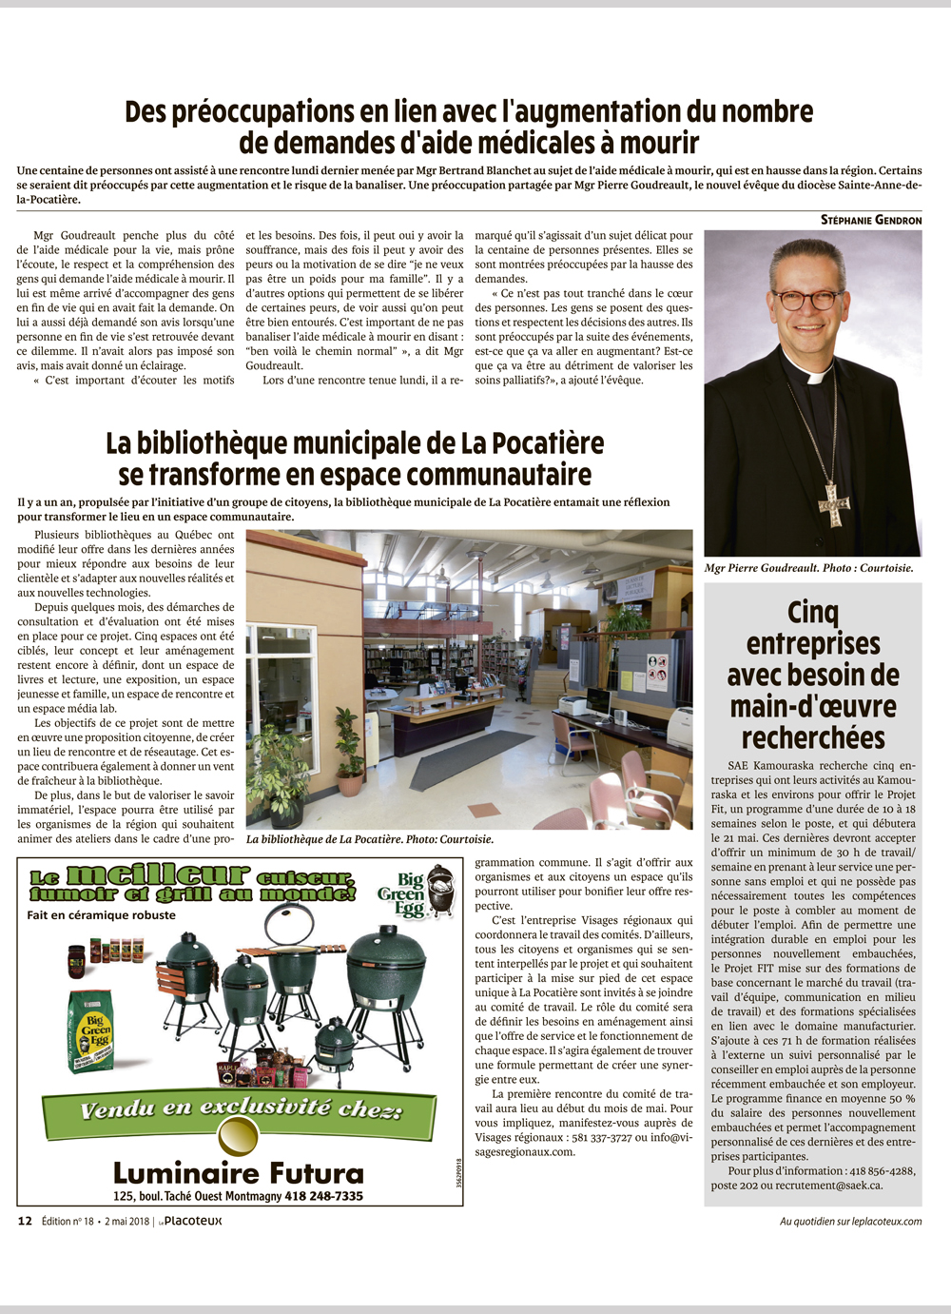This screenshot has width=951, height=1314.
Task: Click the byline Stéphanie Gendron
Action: pos(871,220)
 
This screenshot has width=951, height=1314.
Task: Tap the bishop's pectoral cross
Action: pos(834,501)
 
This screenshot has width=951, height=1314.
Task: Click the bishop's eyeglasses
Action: pos(807,299)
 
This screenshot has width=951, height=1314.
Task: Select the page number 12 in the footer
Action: pos(25,1221)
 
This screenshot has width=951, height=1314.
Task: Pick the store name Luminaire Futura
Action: pos(239,1173)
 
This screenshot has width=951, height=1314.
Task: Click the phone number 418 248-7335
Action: pos(323,1196)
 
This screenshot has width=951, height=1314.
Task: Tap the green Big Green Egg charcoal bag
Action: pos(93,1030)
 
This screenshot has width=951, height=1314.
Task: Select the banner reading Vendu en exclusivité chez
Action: pos(240,1109)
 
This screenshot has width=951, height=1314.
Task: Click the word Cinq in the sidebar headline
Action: pos(813,612)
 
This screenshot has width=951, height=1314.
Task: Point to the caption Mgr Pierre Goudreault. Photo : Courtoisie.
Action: pos(808,568)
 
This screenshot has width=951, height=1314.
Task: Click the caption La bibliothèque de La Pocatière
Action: pos(370,839)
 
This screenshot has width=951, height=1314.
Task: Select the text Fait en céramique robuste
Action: pos(102,915)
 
